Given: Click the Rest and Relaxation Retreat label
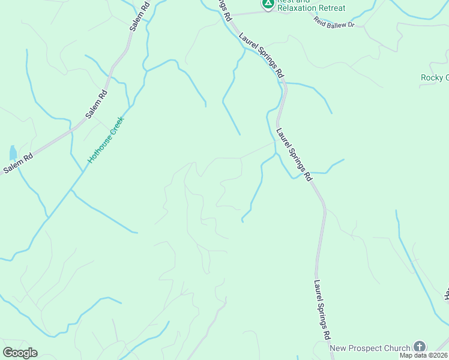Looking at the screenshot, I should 310,5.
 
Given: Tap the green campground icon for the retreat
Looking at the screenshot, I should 268,4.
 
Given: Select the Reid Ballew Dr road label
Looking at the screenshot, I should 334,22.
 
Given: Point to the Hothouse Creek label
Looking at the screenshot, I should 105,139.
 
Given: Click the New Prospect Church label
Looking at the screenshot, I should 370,348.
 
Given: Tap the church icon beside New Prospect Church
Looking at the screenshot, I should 418,347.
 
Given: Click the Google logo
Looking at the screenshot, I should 20,353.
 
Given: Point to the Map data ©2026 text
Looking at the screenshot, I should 424,355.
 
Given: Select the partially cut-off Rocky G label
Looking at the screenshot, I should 435,77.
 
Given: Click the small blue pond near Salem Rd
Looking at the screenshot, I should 13,152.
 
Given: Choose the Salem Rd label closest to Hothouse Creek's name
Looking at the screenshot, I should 96,103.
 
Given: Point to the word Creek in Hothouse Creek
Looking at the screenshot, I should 114,127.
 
